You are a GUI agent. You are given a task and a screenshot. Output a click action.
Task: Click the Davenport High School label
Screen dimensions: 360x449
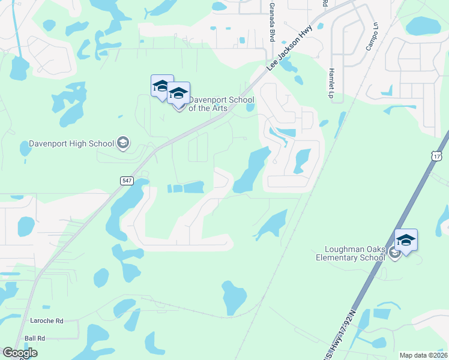click(71, 144)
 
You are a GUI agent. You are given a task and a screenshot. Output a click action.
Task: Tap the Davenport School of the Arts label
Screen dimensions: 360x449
click(221, 104)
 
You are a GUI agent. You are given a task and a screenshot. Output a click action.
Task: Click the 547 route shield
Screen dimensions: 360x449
click(126, 181)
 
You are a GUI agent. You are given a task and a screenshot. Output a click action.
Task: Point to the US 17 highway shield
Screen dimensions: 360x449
click(436, 156)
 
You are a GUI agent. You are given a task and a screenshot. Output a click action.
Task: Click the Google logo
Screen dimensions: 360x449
click(20, 353)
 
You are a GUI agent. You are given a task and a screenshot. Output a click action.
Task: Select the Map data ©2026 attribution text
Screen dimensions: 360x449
click(423, 355)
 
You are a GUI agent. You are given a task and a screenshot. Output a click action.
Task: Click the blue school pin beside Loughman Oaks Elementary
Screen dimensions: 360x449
click(406, 241)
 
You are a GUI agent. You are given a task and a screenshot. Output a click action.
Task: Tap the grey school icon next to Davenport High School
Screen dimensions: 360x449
click(123, 143)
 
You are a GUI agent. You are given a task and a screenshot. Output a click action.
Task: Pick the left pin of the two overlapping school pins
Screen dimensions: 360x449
click(160, 86)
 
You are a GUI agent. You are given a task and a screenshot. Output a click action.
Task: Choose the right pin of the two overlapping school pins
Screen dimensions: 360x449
click(179, 93)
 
